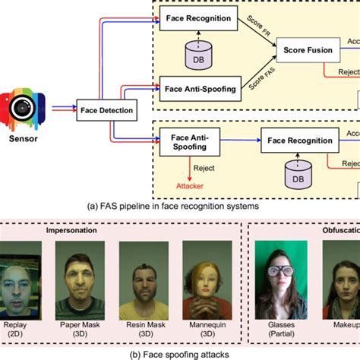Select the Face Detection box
pyautogui.click(x=106, y=111)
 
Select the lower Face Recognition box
pyautogui.click(x=298, y=140)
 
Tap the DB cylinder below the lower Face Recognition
pyautogui.click(x=298, y=177)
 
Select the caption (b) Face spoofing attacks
pyautogui.click(x=179, y=351)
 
